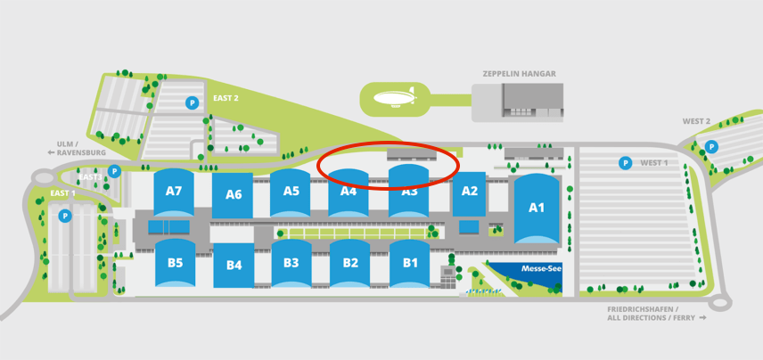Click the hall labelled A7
click(x=173, y=191)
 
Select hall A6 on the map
click(x=234, y=194)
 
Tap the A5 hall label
click(x=291, y=190)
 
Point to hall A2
click(x=470, y=191)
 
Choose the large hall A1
click(x=536, y=208)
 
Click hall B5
click(x=175, y=263)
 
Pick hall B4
click(x=234, y=265)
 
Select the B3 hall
click(x=291, y=263)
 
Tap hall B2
click(x=350, y=263)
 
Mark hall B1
click(x=410, y=263)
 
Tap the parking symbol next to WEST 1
click(x=626, y=163)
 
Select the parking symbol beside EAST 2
click(x=191, y=103)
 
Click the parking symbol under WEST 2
click(x=711, y=146)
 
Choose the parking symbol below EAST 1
click(x=64, y=216)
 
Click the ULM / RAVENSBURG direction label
click(x=65, y=147)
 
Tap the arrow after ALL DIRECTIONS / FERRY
click(x=703, y=317)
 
